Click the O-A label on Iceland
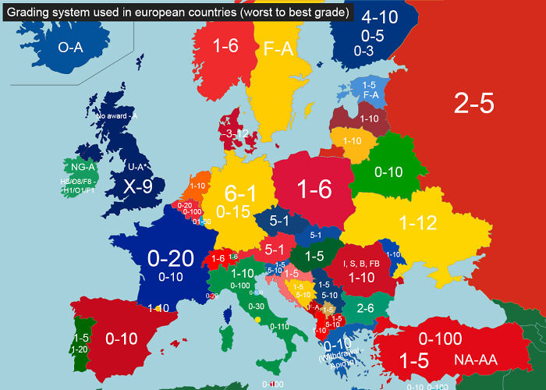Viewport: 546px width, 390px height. (70, 48)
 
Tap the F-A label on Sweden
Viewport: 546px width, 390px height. (278, 49)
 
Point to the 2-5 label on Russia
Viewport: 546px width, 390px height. (473, 103)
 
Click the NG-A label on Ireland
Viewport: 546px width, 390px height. (83, 167)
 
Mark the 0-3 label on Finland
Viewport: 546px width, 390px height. (363, 51)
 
